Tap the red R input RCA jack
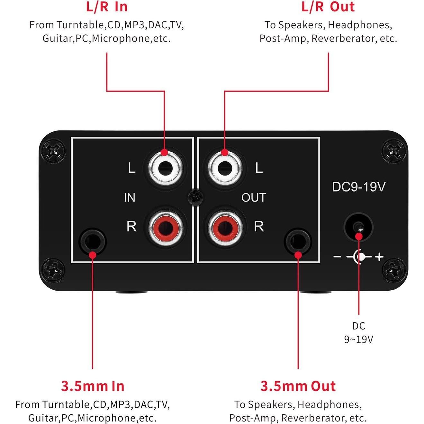click(165, 227)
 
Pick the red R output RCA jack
click(225, 227)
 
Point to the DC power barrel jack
click(358, 227)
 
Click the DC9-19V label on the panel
click(358, 187)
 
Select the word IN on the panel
click(130, 198)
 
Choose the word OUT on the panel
click(254, 198)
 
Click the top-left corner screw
click(53, 150)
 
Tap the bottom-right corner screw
click(394, 269)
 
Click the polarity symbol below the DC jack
click(358, 257)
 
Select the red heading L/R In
click(107, 7)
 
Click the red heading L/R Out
click(328, 7)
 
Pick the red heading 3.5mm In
click(93, 386)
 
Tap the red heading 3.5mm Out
click(298, 386)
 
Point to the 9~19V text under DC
click(358, 339)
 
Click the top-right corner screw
click(394, 150)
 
